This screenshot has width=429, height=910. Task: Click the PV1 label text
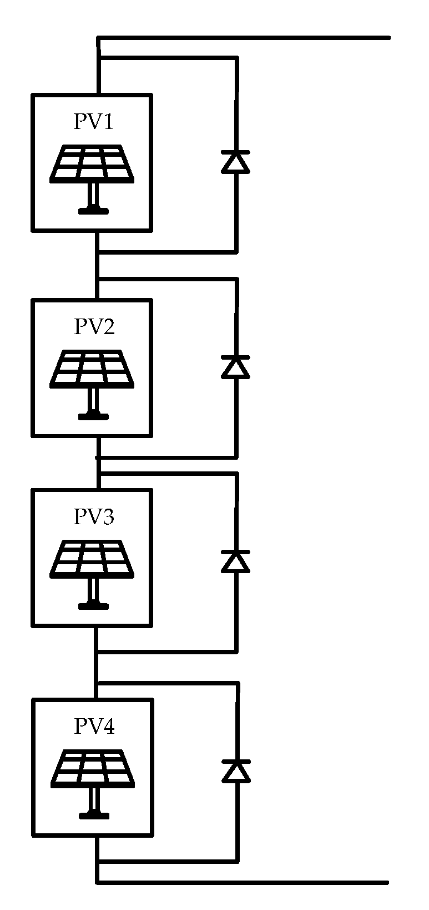tap(93, 122)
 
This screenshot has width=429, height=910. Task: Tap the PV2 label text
tap(94, 327)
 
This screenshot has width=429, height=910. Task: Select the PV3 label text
tap(94, 517)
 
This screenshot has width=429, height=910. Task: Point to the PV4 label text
tap(94, 727)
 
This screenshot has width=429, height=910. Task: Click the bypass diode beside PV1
tap(235, 162)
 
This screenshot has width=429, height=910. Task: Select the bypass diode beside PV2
tap(235, 367)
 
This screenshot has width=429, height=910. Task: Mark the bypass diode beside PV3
tap(235, 561)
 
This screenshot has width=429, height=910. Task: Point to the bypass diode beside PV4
tap(236, 771)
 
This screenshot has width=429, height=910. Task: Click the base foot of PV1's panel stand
tap(93, 211)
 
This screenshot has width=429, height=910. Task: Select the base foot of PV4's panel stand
tap(94, 816)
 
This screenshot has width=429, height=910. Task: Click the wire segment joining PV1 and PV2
tap(98, 266)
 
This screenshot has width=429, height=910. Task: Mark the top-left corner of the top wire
tap(99, 38)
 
